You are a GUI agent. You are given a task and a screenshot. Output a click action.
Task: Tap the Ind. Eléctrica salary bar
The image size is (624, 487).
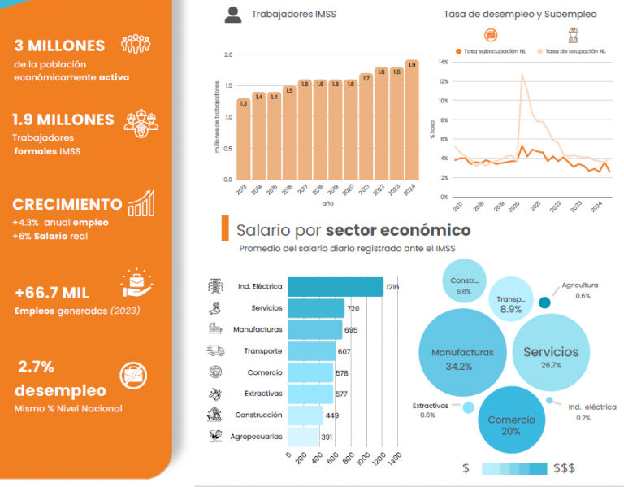point(336,287)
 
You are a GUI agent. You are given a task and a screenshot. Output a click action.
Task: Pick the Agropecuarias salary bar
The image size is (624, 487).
point(303,437)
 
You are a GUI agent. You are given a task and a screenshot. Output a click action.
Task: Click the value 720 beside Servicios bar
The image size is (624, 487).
point(353,309)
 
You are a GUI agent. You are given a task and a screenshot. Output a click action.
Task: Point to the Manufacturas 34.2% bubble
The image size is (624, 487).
point(463,359)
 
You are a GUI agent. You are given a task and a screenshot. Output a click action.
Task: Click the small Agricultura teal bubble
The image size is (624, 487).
point(545,302)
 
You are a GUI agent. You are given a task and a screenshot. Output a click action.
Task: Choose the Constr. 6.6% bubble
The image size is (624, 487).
point(464,285)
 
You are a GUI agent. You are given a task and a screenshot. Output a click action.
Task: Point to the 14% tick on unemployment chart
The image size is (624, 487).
point(444,63)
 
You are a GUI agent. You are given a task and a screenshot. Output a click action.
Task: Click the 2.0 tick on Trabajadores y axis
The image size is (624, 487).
point(228,55)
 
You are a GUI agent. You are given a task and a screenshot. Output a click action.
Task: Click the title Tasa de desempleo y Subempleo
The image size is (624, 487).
point(520,14)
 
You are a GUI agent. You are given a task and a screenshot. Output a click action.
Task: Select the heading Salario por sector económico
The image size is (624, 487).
point(353,230)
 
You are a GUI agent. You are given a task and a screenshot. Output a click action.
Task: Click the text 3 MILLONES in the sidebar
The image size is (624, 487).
point(59,46)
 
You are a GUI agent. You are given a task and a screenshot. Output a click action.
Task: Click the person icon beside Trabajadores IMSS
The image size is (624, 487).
point(233,14)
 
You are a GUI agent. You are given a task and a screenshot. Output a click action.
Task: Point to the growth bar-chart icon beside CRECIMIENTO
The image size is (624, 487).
point(141,202)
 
